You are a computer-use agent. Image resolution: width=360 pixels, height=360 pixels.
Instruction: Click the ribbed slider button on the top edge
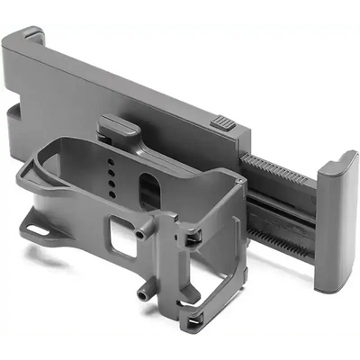click(x=224, y=123)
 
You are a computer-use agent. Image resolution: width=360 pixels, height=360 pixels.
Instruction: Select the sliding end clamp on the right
click(x=336, y=220)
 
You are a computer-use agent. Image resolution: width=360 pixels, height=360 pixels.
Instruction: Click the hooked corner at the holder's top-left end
click(x=31, y=37)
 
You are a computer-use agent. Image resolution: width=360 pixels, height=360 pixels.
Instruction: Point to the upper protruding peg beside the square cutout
click(x=142, y=233)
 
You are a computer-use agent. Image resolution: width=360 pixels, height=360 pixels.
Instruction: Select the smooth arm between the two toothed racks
click(x=279, y=207)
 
